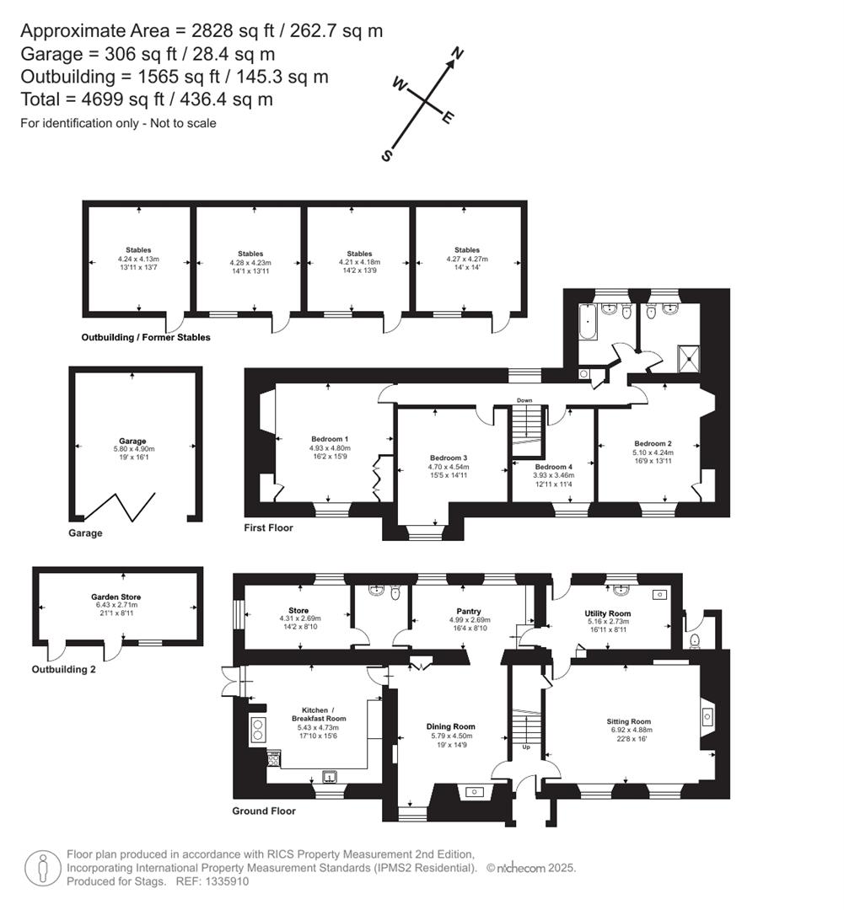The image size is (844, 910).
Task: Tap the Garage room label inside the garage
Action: [x=132, y=441]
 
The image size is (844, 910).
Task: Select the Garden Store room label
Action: [x=116, y=597]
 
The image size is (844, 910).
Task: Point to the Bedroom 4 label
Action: [x=553, y=466]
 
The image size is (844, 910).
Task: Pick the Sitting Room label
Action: [x=629, y=721]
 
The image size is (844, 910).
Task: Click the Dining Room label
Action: [x=450, y=726]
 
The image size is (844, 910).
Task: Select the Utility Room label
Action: [x=608, y=613]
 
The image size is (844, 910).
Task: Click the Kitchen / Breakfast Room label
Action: [x=320, y=714]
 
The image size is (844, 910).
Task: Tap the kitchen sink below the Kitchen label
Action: [x=329, y=776]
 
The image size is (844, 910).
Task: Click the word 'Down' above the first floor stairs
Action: [x=524, y=400]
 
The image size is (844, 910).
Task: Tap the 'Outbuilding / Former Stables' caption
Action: [x=146, y=337]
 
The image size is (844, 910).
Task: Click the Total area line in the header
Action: [x=147, y=99]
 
